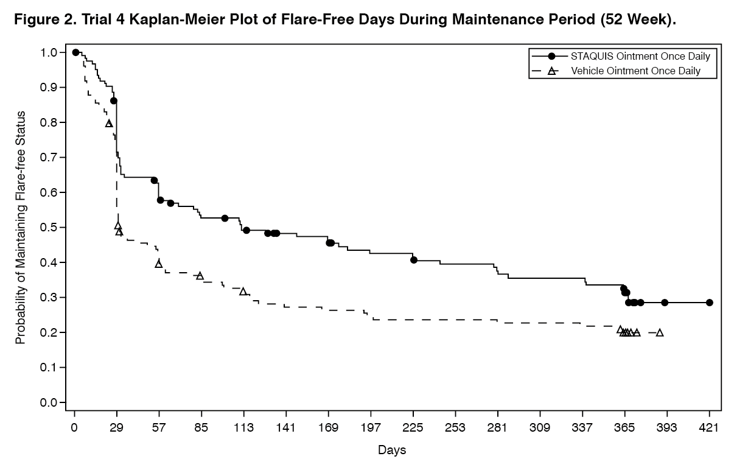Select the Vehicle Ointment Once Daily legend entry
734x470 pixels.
[635, 71]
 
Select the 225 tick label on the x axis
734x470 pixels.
[413, 428]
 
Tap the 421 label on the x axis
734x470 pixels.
[709, 428]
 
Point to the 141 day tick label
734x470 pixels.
[286, 428]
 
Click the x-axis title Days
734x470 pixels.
[392, 451]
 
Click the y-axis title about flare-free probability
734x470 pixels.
[21, 228]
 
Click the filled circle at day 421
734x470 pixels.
[709, 303]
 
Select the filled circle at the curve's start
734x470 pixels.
[75, 52]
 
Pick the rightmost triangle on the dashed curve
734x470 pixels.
[660, 332]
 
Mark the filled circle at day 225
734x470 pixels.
[414, 260]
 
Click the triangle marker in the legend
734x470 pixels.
[551, 71]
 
